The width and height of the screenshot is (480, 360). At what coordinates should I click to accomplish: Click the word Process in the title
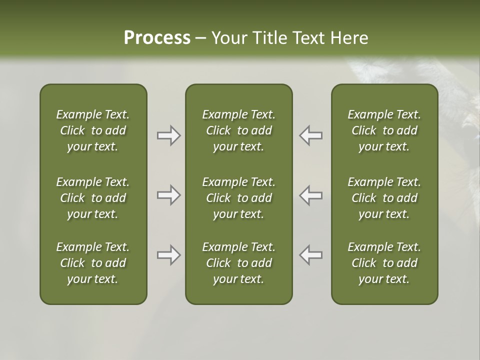coord(157,38)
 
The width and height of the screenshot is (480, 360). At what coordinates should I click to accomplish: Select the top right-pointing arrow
coord(168,135)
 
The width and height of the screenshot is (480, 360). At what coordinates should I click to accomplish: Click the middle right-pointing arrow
coord(168,195)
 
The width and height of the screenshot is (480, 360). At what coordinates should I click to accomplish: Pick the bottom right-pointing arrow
coord(168,255)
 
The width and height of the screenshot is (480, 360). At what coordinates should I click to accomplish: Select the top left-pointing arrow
coord(311,135)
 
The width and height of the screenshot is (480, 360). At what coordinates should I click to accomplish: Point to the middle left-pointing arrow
coord(311,195)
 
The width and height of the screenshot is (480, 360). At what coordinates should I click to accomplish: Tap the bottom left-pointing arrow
coord(311,255)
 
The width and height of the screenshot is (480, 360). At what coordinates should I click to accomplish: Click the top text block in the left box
coord(93,130)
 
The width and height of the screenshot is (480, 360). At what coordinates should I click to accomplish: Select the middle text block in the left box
coord(93,198)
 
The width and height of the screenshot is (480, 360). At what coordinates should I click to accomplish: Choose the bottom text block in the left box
coord(93,263)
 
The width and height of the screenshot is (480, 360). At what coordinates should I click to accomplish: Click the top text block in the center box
coord(238,130)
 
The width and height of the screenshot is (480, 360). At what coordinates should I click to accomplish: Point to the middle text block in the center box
coord(238,198)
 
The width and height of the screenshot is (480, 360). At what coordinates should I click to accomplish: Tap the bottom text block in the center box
coord(238,263)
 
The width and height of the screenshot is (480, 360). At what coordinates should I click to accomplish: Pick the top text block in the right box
coord(384,130)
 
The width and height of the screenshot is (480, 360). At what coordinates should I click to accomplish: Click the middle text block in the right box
coord(384,198)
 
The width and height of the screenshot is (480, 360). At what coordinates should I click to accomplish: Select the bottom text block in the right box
coord(384,263)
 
